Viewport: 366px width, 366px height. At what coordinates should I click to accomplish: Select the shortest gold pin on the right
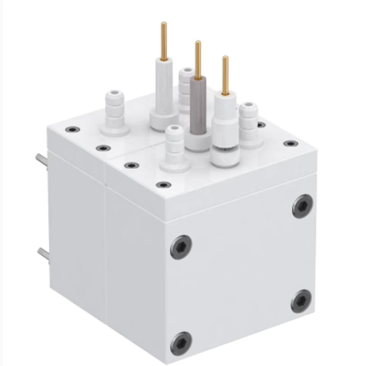point(225,75)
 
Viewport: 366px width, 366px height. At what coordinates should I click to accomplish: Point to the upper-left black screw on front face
point(181,246)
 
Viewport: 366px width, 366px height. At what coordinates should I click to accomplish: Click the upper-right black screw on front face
point(303,205)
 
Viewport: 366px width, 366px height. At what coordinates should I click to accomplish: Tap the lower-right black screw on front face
point(301,301)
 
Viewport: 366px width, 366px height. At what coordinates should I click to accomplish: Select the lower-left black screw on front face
point(181,343)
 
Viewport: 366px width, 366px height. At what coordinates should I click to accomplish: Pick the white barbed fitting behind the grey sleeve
point(185,86)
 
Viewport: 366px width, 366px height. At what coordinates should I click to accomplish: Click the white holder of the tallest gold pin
point(164,91)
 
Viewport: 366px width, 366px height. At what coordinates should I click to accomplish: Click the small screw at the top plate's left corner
point(72,129)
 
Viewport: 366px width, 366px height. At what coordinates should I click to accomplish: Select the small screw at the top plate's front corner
point(164,185)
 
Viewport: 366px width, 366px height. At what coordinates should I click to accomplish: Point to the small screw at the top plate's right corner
point(291,143)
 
